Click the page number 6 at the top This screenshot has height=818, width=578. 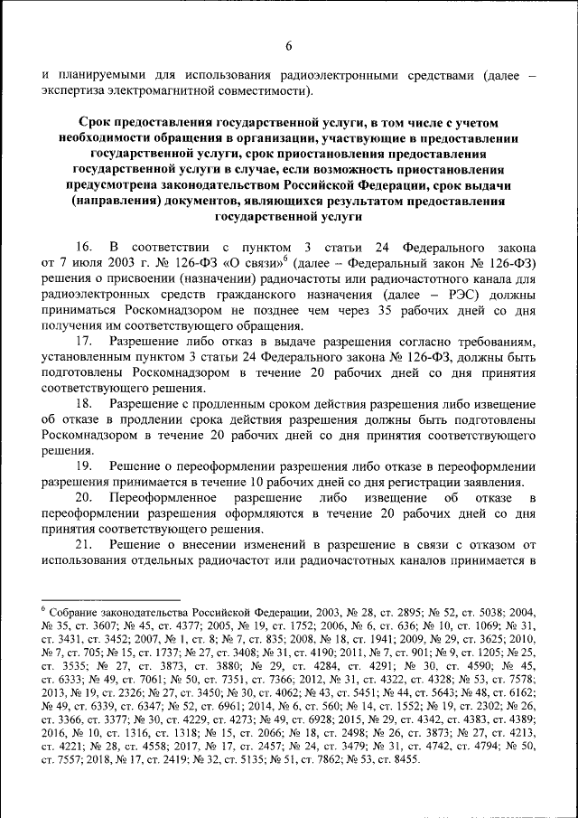pos(289,47)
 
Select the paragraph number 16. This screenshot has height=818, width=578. pos(83,246)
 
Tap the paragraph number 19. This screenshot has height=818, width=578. pos(83,465)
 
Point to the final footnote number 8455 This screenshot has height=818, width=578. pos(403,761)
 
